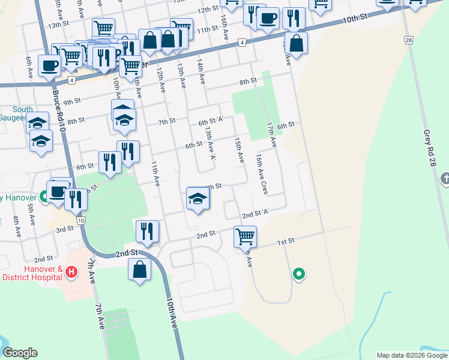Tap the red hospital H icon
[x=71, y=273]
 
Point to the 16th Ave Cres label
[x=261, y=174]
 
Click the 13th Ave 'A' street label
[x=210, y=143]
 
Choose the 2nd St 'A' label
[x=256, y=214]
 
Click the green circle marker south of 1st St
[x=298, y=274]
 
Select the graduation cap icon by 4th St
[x=197, y=199]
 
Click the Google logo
[x=20, y=353]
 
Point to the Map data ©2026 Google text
[x=412, y=355]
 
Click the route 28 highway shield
[x=408, y=40]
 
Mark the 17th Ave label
[x=271, y=135]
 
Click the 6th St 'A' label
[x=211, y=121]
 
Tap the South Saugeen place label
[x=22, y=113]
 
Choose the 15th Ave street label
[x=239, y=149]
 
